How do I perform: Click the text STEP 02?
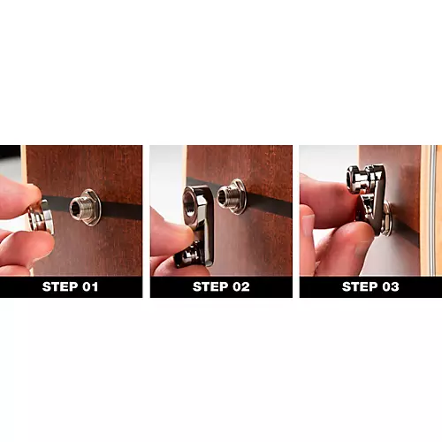click(x=221, y=286)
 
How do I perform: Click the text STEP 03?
click(x=370, y=286)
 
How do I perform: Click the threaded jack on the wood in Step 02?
click(x=233, y=195)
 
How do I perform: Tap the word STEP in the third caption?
click(x=359, y=286)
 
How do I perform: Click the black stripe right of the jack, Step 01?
click(x=122, y=211)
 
